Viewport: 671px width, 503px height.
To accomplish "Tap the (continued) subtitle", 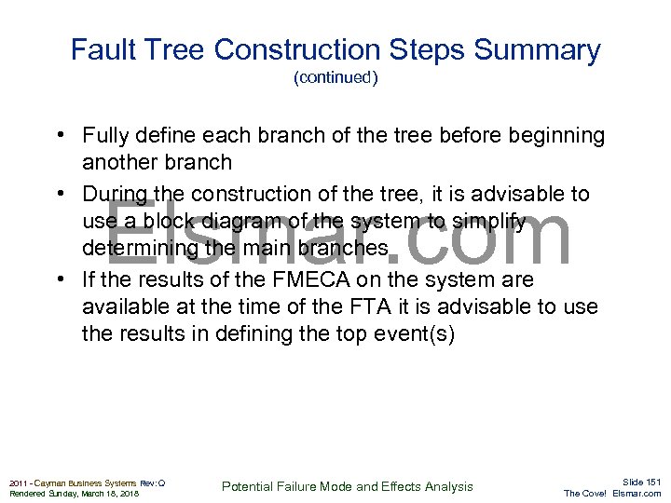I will point(335,78).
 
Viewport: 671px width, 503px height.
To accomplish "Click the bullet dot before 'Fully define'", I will point(59,136).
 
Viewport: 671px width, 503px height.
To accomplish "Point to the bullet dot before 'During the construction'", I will point(59,194).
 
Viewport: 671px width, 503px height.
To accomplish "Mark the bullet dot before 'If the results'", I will point(59,279).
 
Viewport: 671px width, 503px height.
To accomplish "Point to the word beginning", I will point(555,136).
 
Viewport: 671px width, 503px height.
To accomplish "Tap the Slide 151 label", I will point(641,482).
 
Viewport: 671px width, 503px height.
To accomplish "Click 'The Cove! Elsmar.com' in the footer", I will point(612,494).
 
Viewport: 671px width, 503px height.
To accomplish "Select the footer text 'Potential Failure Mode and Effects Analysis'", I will point(348,486).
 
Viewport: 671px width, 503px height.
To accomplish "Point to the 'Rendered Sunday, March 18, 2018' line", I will point(74,494).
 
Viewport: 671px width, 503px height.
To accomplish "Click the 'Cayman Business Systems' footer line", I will point(87,483).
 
